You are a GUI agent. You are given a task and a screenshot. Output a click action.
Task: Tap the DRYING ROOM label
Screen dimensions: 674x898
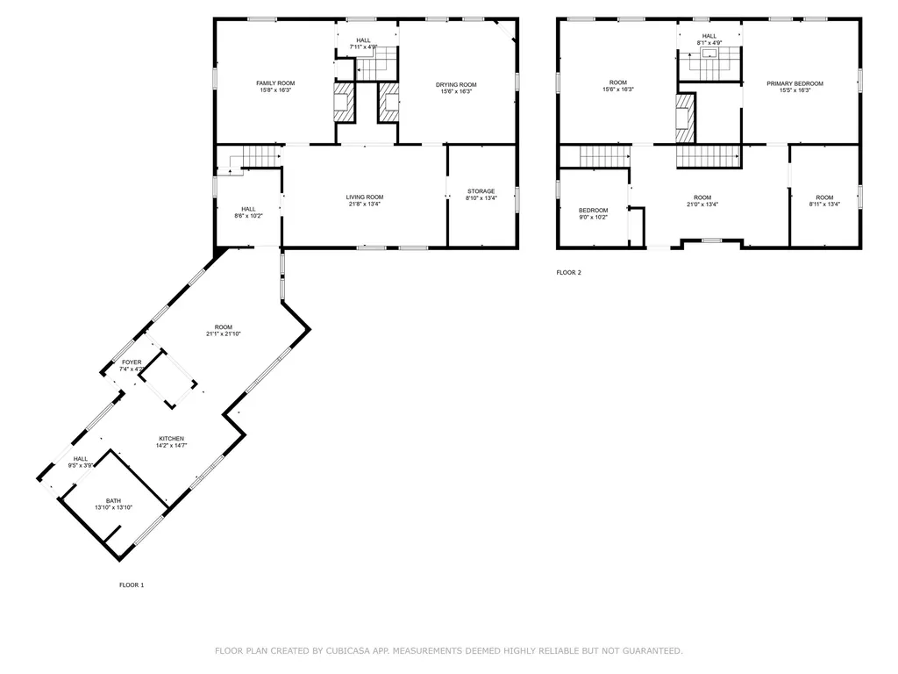[x=456, y=84]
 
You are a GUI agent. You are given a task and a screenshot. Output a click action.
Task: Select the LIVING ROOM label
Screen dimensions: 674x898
[x=364, y=197]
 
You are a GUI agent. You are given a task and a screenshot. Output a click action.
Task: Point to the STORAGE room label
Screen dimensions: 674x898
[x=481, y=191]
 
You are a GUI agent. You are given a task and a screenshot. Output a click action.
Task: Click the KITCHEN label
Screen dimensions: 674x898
[x=171, y=439]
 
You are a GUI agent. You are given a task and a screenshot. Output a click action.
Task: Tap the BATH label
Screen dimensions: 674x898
[x=113, y=501]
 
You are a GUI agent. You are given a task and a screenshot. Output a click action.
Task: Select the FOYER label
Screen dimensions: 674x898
[x=132, y=362]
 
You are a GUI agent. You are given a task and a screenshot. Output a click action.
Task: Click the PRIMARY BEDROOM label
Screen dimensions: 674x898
[x=795, y=83]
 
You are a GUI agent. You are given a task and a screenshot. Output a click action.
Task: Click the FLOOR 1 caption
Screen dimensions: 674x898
[x=132, y=584]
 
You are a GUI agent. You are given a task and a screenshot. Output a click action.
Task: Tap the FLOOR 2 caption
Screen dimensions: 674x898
[x=568, y=272]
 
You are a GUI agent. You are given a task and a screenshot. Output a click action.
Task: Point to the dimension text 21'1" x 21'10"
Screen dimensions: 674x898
[x=223, y=333]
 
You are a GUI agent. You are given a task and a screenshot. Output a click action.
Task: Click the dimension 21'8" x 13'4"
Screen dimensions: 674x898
[x=364, y=204]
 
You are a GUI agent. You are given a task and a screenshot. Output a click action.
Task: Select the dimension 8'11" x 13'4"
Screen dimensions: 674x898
[x=824, y=204]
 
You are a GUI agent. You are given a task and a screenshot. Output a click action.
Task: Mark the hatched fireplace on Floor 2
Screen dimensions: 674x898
[x=683, y=118]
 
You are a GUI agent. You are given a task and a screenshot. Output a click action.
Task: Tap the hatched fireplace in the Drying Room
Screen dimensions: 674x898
[x=388, y=103]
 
